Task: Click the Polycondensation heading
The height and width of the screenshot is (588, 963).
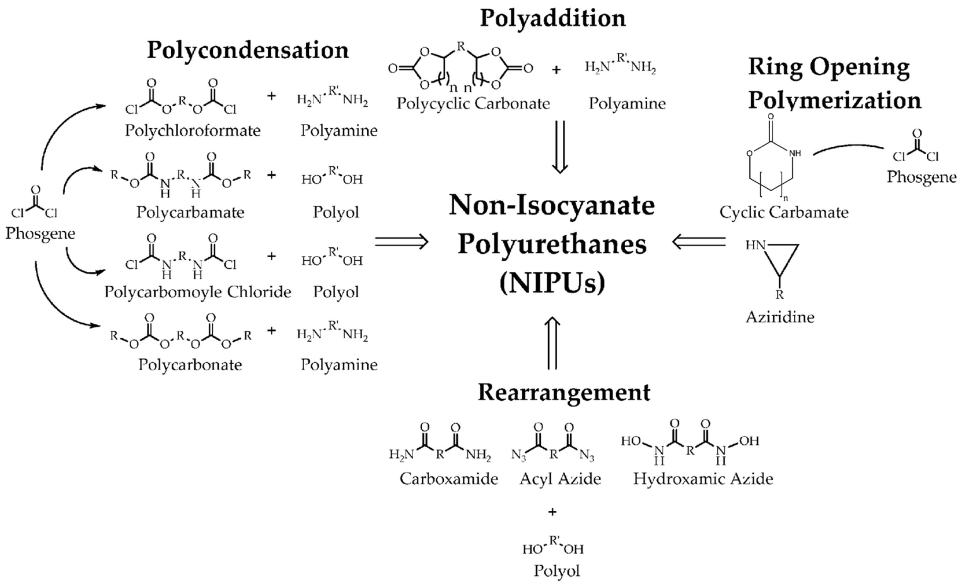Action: point(248,50)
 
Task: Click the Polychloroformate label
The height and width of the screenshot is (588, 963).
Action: point(192,131)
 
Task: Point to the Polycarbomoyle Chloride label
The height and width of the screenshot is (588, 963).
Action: point(197,292)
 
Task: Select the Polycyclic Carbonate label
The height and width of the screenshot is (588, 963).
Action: point(473,103)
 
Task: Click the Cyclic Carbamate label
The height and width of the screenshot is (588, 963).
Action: point(784,212)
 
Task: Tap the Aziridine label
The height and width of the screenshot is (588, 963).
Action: point(780,317)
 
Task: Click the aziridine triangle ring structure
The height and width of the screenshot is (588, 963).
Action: point(782,258)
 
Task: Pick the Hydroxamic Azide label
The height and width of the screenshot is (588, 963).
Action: point(703,479)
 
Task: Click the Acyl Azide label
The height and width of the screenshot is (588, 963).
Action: point(560,479)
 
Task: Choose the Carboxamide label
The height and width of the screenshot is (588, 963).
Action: point(448,479)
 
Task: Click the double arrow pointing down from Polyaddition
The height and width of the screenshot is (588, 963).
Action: point(559,147)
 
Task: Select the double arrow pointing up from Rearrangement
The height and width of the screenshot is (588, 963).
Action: point(552,343)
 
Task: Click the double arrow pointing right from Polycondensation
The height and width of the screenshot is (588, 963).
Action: point(401,242)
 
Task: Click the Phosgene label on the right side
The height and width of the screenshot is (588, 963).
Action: point(921,177)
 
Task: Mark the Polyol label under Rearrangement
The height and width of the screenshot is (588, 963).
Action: point(557,571)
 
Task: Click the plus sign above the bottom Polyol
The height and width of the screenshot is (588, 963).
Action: point(552,512)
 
